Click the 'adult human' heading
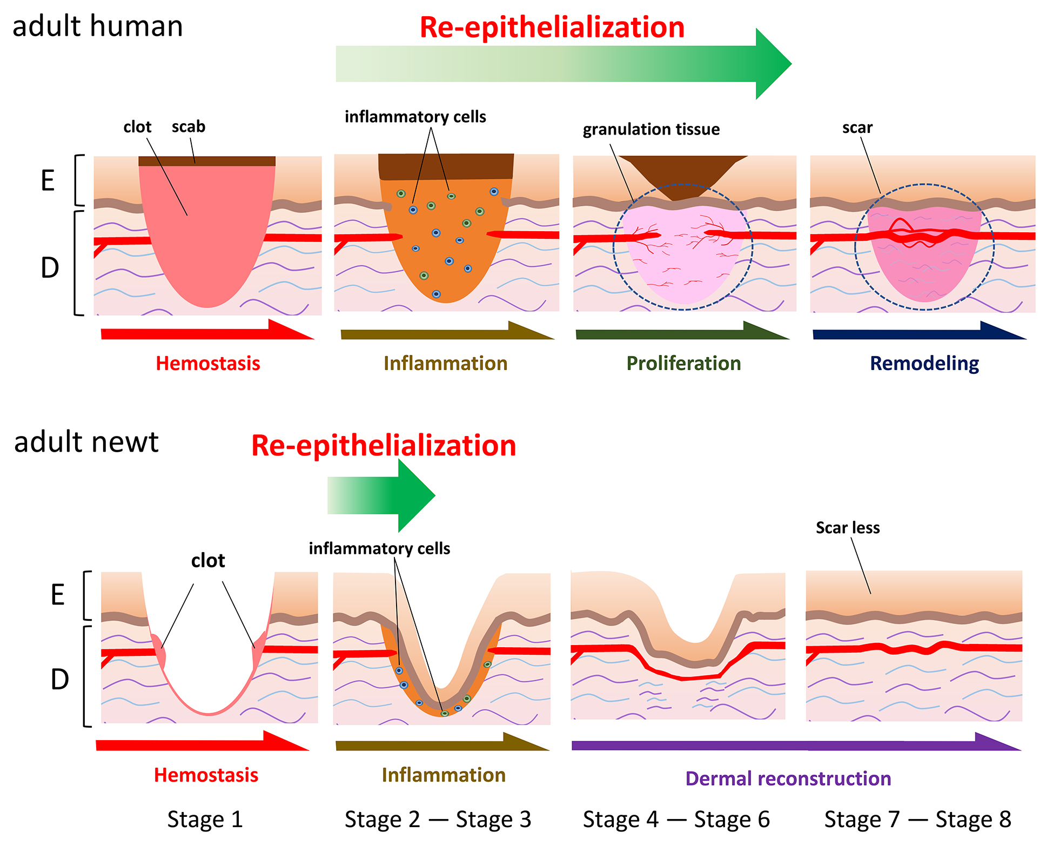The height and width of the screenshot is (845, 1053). tap(97, 26)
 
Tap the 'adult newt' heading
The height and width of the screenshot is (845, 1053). tap(86, 442)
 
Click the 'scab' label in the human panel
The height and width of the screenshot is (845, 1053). tap(189, 126)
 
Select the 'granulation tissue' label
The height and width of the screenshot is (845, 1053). tap(651, 129)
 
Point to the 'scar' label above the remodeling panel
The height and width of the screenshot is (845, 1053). tap(857, 128)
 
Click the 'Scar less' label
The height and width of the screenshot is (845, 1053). tap(847, 527)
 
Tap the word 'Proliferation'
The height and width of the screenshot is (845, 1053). tap(683, 363)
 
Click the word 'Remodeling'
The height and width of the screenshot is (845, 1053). tap(924, 363)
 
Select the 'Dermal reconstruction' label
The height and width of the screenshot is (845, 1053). tap(788, 779)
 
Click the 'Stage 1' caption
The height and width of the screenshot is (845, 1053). tap(205, 819)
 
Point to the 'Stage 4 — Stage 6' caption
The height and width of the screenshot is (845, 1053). tap(676, 819)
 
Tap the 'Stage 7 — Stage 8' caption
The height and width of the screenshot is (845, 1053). tap(917, 819)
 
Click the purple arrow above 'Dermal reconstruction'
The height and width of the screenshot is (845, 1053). tap(794, 745)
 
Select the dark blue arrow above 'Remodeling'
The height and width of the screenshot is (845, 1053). tap(918, 333)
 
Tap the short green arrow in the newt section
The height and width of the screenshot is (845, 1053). tap(381, 495)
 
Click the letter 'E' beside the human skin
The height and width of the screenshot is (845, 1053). tap(48, 180)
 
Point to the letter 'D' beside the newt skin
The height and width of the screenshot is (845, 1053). tap(59, 679)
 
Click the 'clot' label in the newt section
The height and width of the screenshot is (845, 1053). tap(208, 560)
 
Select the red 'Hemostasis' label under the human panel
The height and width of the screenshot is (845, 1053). tap(208, 363)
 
